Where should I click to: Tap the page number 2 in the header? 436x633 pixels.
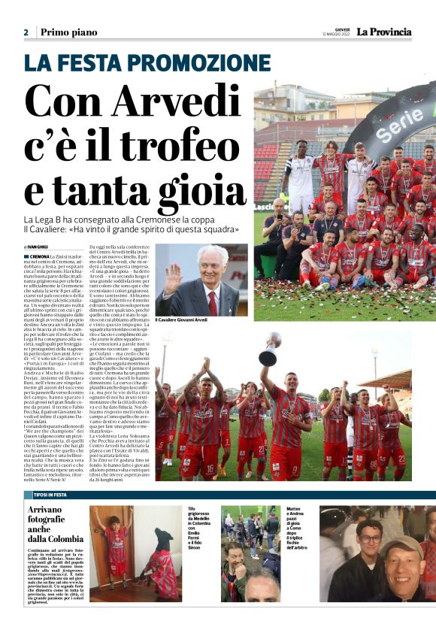26,32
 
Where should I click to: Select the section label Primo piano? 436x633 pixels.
69,32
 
